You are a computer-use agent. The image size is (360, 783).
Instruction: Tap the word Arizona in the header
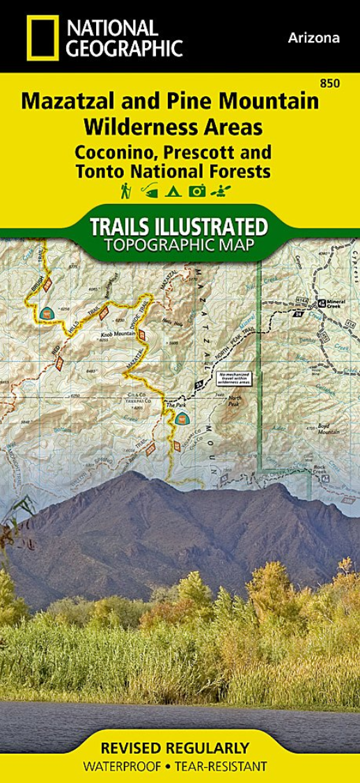click(313, 38)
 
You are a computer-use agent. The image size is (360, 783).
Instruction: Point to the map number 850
click(331, 84)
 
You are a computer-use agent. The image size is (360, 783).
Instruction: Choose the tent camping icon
click(171, 190)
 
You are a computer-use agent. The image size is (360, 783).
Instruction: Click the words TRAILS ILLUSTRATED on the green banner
click(178, 226)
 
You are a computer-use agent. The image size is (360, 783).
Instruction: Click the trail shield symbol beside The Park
click(181, 418)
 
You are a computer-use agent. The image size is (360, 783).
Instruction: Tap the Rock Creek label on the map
click(319, 469)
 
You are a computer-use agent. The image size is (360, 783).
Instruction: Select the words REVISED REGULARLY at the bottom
click(175, 749)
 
